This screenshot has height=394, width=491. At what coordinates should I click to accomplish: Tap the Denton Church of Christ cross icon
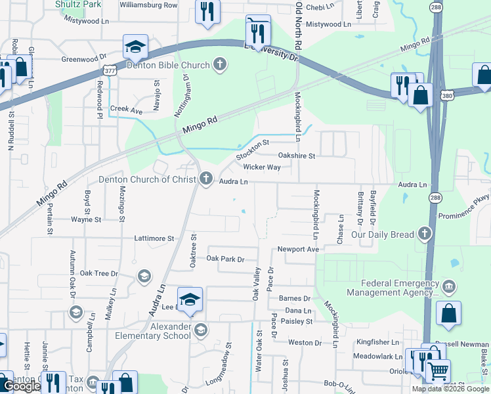(206, 179)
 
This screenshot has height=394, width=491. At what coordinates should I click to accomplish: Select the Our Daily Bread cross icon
(425, 234)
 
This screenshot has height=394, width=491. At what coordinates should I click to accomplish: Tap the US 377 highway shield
(110, 70)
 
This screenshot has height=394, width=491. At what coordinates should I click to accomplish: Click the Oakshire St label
(297, 156)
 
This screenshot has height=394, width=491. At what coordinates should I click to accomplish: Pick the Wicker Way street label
(262, 167)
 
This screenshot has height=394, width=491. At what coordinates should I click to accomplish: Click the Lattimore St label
(154, 238)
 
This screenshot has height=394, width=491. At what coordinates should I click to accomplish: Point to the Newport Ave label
(297, 250)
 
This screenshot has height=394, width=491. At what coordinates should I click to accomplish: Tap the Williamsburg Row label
(148, 5)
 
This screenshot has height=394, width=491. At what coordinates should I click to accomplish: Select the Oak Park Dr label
(225, 259)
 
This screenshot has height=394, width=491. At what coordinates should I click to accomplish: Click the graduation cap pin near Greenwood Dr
(134, 47)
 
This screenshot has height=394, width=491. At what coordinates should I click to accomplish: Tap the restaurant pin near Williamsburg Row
(207, 11)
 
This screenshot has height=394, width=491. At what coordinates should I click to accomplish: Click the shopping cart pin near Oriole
(438, 371)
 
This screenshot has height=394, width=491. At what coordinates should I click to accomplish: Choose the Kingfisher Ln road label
(377, 343)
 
